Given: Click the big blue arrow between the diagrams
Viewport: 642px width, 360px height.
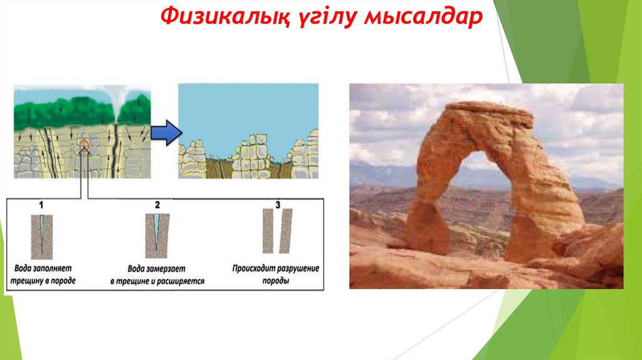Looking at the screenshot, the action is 166,132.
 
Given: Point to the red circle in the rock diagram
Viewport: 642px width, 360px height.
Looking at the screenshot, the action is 84,144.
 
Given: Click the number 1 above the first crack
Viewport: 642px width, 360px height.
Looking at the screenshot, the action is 41,204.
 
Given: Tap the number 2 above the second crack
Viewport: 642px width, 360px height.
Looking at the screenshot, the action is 157,204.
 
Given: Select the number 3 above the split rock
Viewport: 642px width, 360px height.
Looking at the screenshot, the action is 278,204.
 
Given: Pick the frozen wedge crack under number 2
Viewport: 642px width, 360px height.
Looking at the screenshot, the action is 157,230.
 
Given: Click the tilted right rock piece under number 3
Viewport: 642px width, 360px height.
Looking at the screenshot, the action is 286,231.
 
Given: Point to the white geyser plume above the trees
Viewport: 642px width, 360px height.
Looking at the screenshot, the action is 117,102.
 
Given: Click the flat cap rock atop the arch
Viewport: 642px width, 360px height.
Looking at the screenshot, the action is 490,112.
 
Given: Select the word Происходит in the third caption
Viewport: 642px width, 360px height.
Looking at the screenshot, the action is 254,269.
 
